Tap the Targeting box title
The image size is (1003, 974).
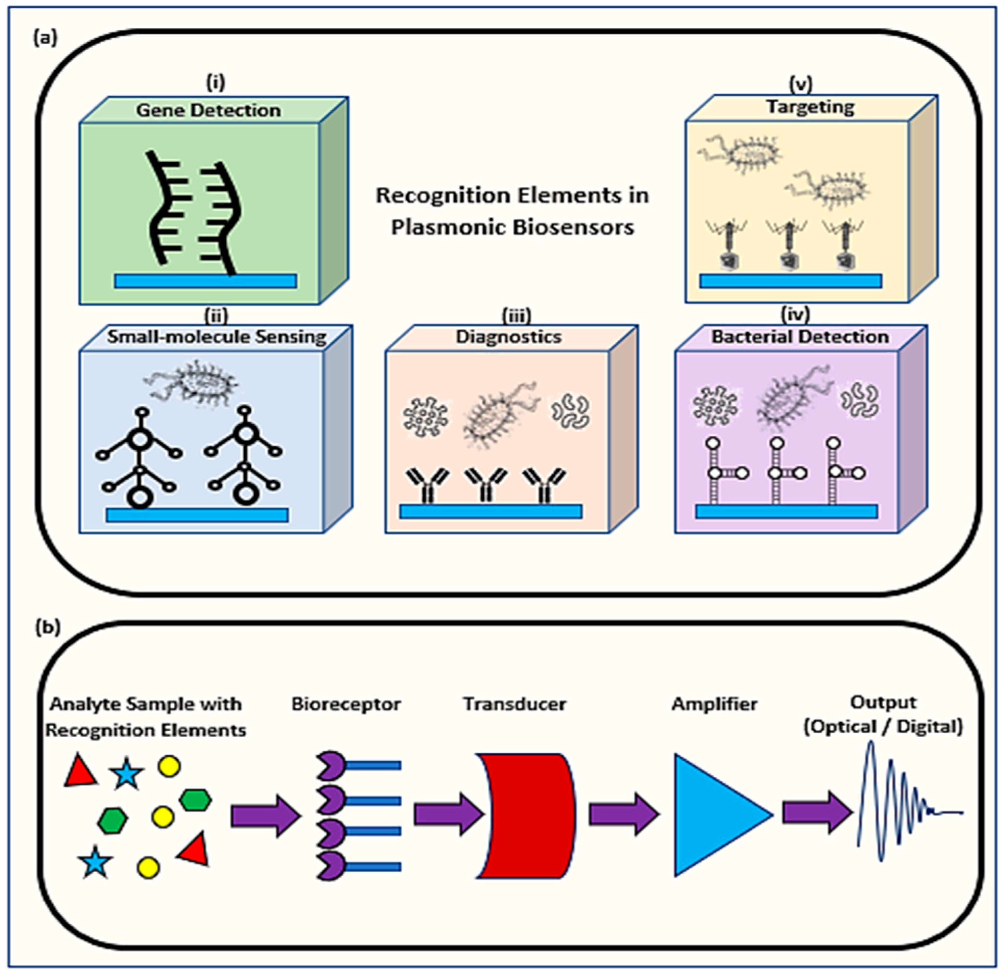810,107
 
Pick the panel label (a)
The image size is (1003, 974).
45,38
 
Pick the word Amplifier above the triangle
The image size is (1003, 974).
715,704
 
